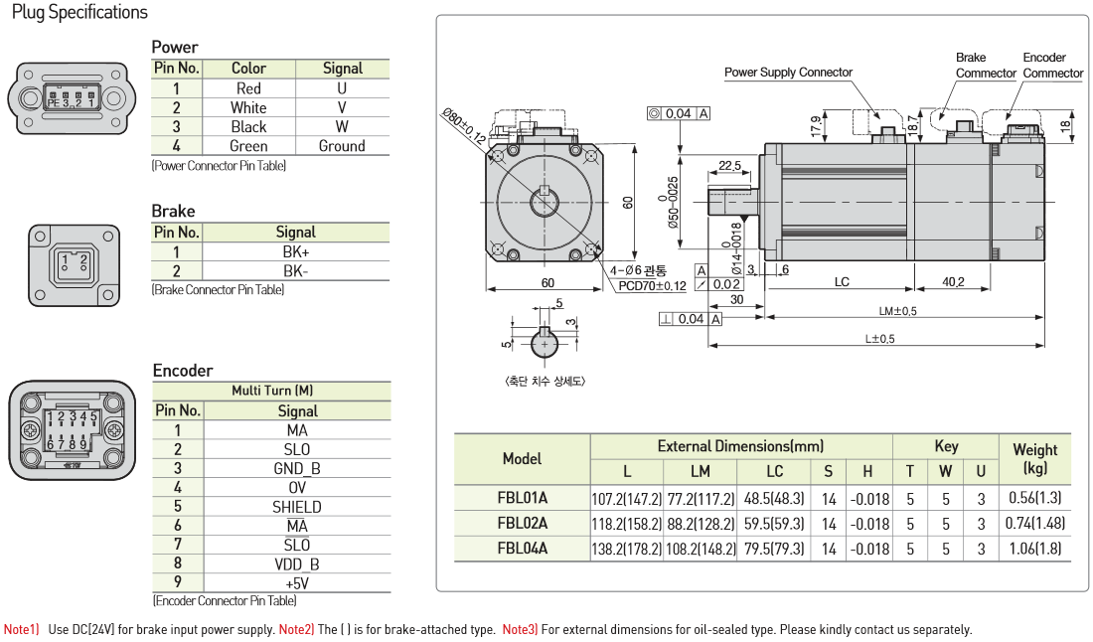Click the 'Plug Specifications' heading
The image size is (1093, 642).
tap(79, 13)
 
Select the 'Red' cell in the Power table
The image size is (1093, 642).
tap(248, 88)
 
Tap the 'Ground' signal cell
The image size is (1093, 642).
tap(342, 146)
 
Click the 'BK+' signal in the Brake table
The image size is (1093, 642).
tap(295, 252)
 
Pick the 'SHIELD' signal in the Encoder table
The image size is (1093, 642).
tap(297, 507)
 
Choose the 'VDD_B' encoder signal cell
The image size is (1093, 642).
tap(297, 564)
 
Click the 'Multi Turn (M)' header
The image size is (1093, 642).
tap(271, 391)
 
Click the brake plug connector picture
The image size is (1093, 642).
tap(74, 264)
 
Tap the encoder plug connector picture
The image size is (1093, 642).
tap(72, 429)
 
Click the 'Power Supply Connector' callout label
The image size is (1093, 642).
tap(788, 73)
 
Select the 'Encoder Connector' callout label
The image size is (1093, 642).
tap(1052, 66)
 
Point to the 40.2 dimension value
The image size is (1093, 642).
tap(953, 282)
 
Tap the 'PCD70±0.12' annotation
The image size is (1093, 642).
tap(652, 286)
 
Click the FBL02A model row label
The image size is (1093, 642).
tap(522, 523)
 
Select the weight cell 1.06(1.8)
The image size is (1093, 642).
tap(1034, 548)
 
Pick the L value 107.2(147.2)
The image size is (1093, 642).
tap(626, 498)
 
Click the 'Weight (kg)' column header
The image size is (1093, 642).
tap(1034, 458)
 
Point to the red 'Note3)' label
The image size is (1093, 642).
tap(519, 629)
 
